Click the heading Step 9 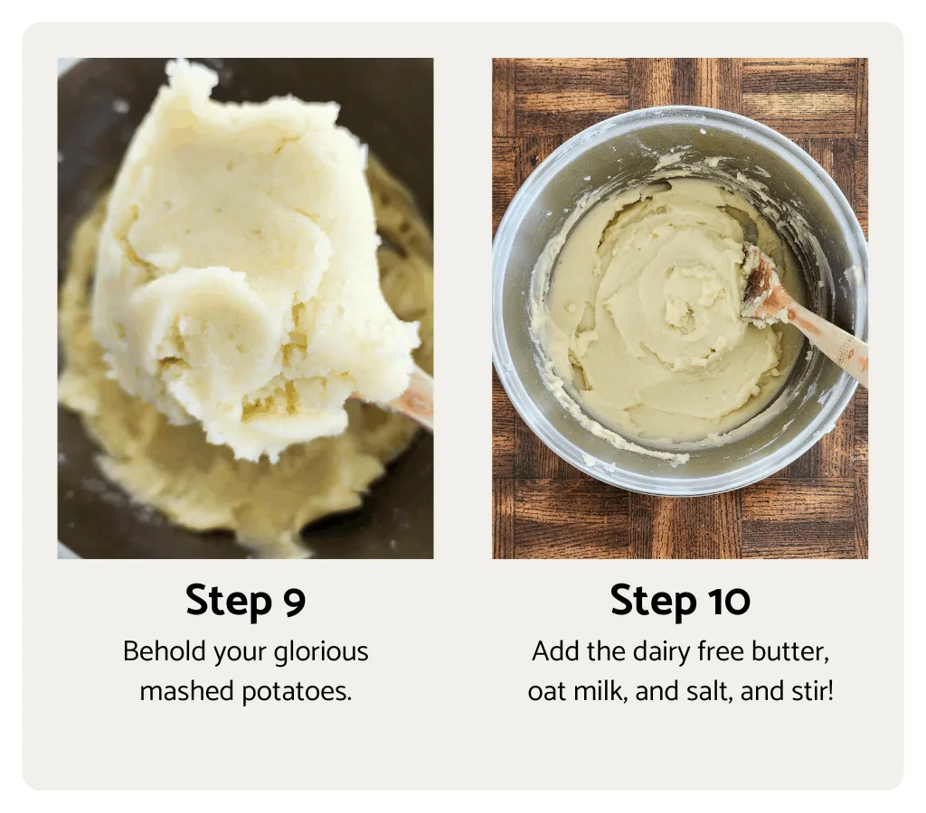click(x=245, y=602)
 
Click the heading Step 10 click(x=680, y=601)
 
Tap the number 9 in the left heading click(x=293, y=603)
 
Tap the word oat click(x=547, y=692)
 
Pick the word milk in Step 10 click(x=600, y=692)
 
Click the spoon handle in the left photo click(x=416, y=397)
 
